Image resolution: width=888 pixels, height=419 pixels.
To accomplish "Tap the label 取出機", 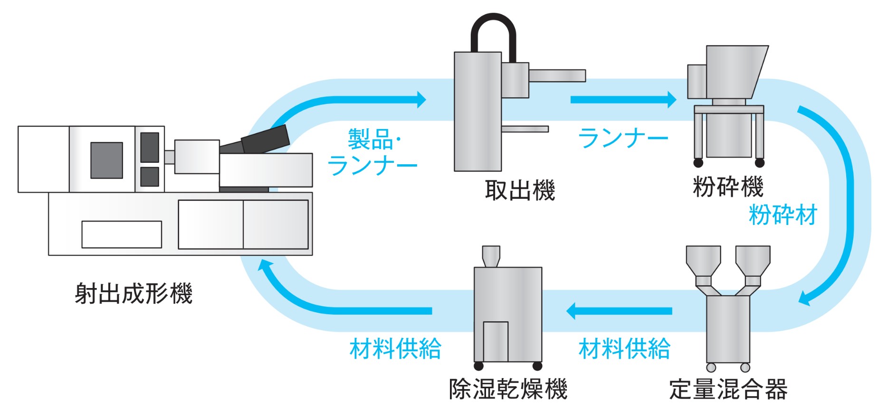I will click(519, 190).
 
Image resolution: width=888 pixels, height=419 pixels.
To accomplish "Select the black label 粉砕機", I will click(728, 186).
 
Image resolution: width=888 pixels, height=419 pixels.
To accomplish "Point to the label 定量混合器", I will click(728, 389).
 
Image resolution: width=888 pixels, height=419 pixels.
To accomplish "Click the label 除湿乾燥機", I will click(508, 389).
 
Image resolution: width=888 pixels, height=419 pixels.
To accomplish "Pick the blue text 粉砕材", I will click(783, 214).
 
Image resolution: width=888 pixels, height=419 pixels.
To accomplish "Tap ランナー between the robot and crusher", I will click(623, 138).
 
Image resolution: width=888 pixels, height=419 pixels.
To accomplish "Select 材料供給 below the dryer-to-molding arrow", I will click(395, 349).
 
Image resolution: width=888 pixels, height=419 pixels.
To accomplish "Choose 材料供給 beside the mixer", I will click(624, 349).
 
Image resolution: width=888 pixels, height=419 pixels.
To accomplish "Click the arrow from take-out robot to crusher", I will click(623, 100).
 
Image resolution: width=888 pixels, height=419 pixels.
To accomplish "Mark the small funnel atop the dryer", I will click(491, 255).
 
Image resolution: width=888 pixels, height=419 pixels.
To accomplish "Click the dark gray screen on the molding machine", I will click(106, 160).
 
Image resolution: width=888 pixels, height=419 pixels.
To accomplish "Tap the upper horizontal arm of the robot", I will click(557, 75).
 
